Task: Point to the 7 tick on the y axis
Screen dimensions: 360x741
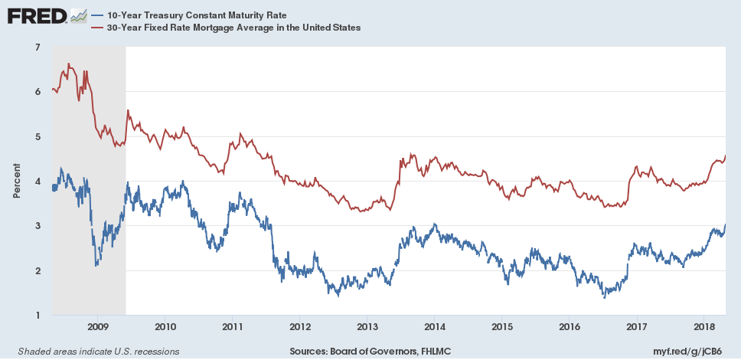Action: pos(38,47)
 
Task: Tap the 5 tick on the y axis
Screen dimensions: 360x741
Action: pos(38,137)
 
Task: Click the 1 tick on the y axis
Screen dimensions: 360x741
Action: pos(38,316)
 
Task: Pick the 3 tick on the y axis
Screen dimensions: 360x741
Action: pos(38,226)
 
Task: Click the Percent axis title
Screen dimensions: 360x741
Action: pos(16,182)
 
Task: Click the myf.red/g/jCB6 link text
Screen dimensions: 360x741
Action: pos(696,351)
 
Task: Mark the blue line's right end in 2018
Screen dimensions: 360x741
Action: pos(725,224)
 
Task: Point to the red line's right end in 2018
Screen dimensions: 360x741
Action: pos(725,156)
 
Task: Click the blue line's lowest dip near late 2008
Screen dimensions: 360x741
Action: pos(96,265)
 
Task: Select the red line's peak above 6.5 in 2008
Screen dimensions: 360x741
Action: pos(69,64)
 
